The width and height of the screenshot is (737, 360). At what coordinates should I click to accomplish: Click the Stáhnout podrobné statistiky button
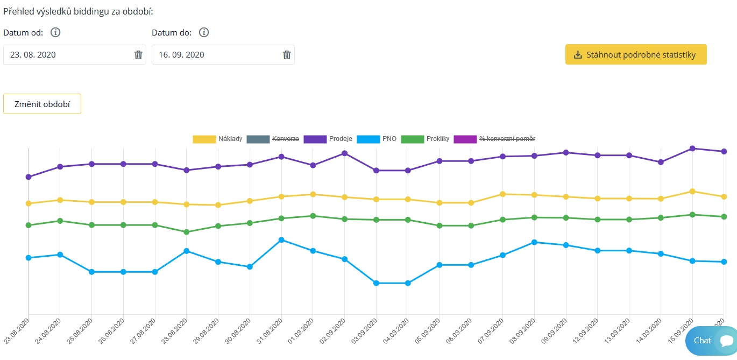[x=635, y=55]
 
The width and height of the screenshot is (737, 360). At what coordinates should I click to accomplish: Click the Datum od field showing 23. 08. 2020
[x=67, y=55]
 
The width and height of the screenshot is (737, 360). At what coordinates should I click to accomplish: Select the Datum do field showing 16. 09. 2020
[x=215, y=55]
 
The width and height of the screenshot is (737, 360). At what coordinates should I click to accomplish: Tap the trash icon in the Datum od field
[x=138, y=55]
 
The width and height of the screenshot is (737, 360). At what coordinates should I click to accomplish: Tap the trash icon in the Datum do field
[x=287, y=55]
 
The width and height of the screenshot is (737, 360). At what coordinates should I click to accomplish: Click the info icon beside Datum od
[x=55, y=32]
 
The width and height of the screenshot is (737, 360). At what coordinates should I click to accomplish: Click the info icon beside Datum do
[x=204, y=32]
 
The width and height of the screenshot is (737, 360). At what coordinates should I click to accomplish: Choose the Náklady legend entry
[x=218, y=139]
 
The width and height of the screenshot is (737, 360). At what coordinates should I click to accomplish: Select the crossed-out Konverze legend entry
[x=272, y=139]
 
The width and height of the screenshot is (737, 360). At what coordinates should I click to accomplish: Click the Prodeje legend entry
[x=328, y=139]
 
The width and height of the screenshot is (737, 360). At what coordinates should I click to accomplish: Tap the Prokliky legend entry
[x=425, y=139]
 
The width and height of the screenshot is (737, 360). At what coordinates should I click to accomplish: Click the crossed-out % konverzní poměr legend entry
[x=495, y=139]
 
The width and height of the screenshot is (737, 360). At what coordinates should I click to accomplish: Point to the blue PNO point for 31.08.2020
[x=281, y=239]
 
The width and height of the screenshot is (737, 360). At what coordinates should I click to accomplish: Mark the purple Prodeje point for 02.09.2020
[x=344, y=153]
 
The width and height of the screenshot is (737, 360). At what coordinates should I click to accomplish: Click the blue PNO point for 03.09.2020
[x=376, y=283]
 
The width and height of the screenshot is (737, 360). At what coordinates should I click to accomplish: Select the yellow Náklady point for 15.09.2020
[x=692, y=191]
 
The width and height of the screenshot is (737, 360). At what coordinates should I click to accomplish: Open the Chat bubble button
[x=710, y=341]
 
